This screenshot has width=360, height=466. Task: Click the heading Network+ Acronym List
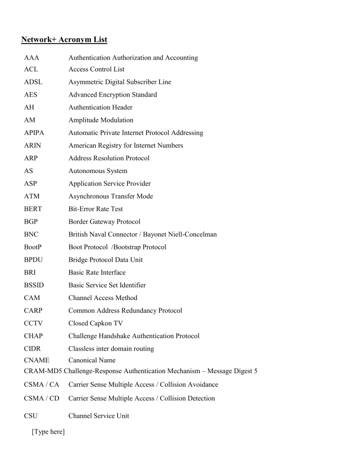click(64, 39)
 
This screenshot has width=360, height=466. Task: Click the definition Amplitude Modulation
click(101, 120)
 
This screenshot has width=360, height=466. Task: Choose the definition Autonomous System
click(97, 171)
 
